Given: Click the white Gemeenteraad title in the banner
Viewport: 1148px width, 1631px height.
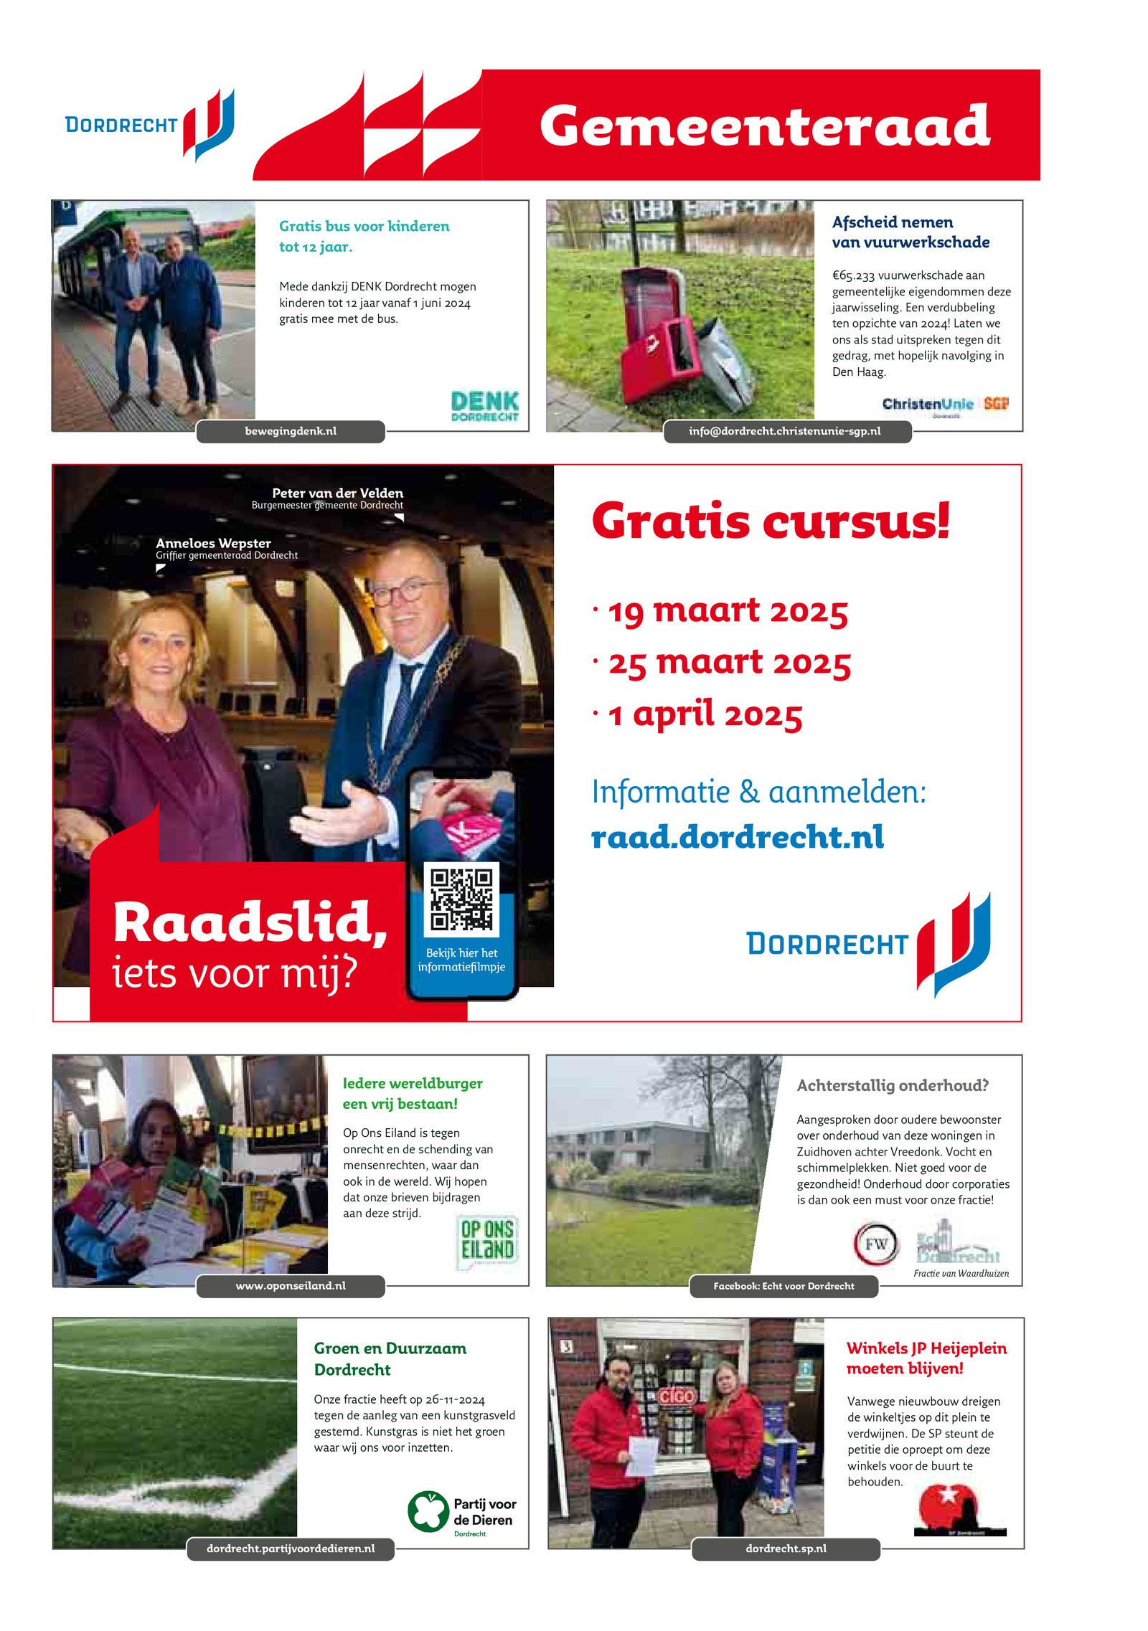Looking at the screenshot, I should (x=764, y=126).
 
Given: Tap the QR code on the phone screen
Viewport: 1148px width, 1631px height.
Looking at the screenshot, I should (x=461, y=899).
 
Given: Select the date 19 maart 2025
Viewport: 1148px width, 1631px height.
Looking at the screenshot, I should (x=728, y=611).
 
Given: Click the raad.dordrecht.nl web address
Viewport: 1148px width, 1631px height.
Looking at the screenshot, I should (x=737, y=837).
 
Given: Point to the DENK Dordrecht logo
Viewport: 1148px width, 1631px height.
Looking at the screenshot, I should (x=485, y=406).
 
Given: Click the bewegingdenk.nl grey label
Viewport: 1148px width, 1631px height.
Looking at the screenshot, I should (x=291, y=431).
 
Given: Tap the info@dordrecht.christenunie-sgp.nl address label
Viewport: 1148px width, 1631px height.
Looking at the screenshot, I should (x=785, y=431).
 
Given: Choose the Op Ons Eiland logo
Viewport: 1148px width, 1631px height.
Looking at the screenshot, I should (x=488, y=1242).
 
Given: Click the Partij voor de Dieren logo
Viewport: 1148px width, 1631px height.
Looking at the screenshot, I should (x=462, y=1513).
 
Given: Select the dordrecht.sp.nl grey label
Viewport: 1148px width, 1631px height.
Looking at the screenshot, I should (x=786, y=1549).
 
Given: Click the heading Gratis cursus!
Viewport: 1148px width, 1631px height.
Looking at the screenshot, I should (x=771, y=521).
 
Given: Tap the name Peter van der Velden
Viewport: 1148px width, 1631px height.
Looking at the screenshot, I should (x=337, y=493).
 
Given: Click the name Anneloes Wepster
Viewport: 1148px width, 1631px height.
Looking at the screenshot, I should (x=213, y=543).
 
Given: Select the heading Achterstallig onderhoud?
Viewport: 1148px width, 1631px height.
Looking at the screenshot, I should (x=893, y=1085).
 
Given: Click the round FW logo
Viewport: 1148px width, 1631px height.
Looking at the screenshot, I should (x=875, y=1244).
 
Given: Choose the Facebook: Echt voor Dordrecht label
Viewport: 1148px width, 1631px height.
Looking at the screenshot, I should (x=784, y=1286).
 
